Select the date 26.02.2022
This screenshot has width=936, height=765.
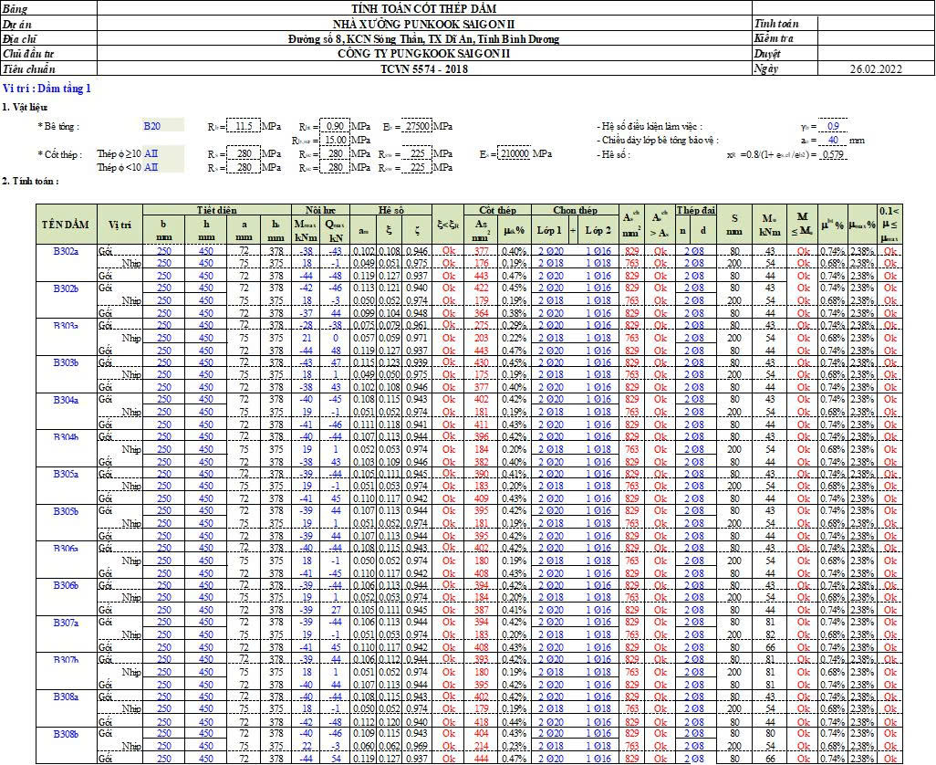pyautogui.click(x=875, y=68)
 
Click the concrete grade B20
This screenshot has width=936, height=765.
pyautogui.click(x=152, y=126)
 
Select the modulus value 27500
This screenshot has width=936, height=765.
pyautogui.click(x=416, y=126)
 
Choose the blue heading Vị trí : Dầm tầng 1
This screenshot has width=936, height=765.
pyautogui.click(x=47, y=89)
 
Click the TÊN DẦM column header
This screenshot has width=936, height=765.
pyautogui.click(x=65, y=225)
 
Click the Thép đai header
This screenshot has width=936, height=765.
pyautogui.click(x=692, y=210)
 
